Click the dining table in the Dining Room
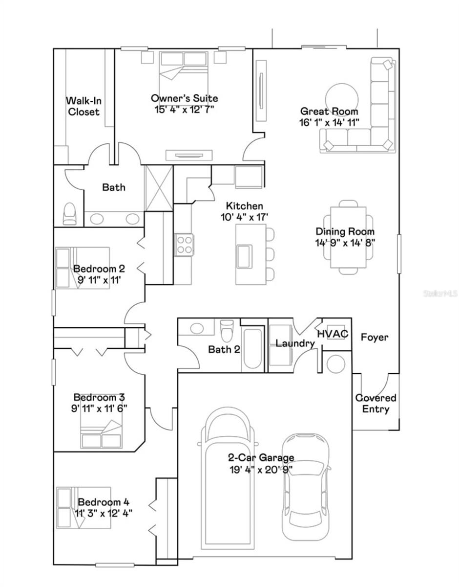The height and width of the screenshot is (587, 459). [348, 237]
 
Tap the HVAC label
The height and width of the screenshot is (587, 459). [333, 334]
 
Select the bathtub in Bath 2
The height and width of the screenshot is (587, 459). [252, 349]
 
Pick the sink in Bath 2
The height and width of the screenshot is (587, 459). [197, 328]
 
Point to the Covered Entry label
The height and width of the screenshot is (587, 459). [376, 404]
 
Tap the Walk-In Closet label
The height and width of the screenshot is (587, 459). [83, 106]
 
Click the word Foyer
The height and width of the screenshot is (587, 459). [375, 337]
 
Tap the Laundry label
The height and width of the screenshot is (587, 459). [295, 343]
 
